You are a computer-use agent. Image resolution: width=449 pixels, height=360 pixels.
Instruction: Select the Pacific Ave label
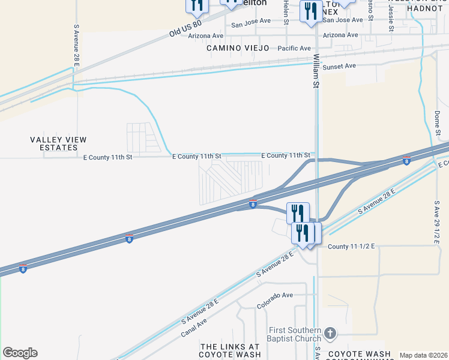click(294, 48)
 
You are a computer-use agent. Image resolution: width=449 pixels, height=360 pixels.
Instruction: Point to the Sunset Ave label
click(340, 66)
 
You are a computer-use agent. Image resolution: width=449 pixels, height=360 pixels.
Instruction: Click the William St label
click(315, 71)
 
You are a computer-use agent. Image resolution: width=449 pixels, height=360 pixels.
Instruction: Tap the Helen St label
click(286, 12)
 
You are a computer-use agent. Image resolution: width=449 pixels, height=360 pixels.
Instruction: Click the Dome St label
click(437, 122)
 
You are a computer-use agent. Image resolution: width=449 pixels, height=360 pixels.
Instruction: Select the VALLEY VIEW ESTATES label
click(58, 143)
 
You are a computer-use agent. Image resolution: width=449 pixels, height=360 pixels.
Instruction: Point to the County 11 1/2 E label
click(351, 246)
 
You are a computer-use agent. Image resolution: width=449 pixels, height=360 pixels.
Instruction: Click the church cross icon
click(330, 333)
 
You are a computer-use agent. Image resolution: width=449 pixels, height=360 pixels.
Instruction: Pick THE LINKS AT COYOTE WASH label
click(231, 350)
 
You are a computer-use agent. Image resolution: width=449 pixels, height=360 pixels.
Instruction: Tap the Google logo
click(20, 353)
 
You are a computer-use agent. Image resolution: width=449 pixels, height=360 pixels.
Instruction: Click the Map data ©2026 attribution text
click(424, 355)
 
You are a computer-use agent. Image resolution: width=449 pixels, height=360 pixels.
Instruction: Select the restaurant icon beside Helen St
click(312, 13)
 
